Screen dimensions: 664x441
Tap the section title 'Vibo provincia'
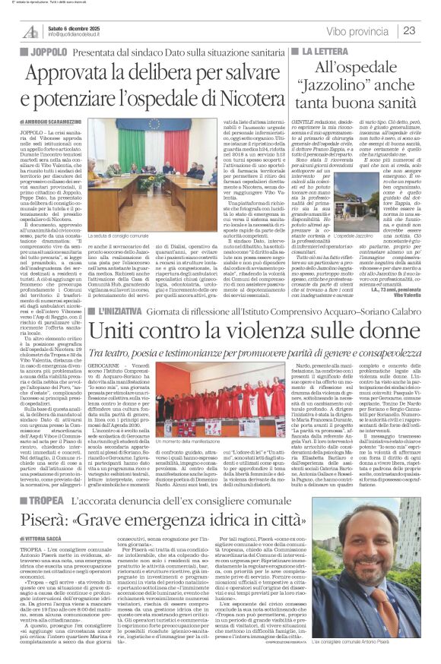click(x=357, y=30)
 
